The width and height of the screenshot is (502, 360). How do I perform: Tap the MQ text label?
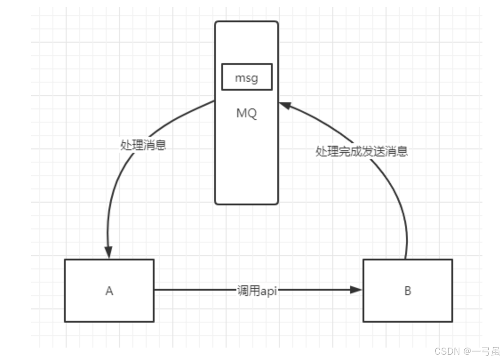pyautogui.click(x=247, y=113)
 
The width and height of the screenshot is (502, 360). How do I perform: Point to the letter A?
pyautogui.click(x=109, y=291)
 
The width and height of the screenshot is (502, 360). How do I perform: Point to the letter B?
pyautogui.click(x=407, y=291)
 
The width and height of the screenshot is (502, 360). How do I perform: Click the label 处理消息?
pyautogui.click(x=143, y=145)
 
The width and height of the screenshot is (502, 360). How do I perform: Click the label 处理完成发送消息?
pyautogui.click(x=362, y=152)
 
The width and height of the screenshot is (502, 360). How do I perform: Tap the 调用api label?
pyautogui.click(x=257, y=291)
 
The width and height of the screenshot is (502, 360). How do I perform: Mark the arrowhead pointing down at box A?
pyautogui.click(x=108, y=252)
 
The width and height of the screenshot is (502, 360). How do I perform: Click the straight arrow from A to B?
pyautogui.click(x=195, y=290)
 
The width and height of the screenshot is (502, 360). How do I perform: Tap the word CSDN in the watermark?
pyautogui.click(x=446, y=351)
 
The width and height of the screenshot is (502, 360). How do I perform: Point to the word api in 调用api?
pyautogui.click(x=269, y=291)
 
